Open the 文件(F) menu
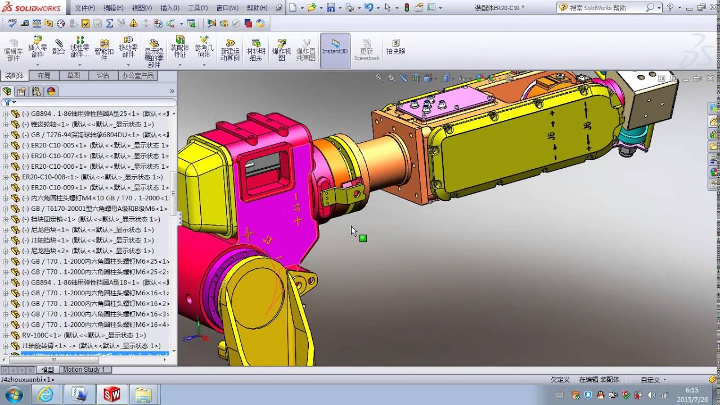[x=85, y=8]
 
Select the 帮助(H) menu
[x=257, y=8]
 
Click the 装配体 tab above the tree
[x=15, y=75]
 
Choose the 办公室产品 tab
[x=137, y=75]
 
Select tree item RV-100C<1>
[x=83, y=335]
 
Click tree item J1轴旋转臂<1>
[x=91, y=346]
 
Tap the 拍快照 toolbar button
[x=396, y=47]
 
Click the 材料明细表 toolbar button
[x=256, y=50]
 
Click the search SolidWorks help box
[x=605, y=8]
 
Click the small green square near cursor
[x=363, y=238]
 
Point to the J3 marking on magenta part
[x=268, y=241]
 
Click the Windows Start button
[x=13, y=394]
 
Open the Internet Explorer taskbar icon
[x=46, y=394]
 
